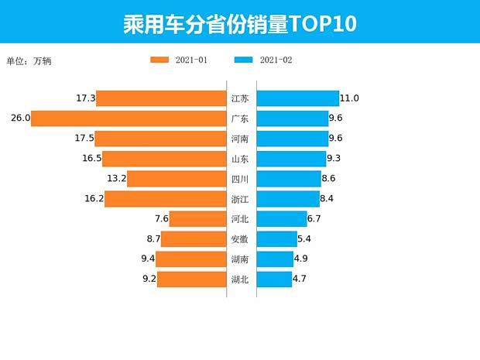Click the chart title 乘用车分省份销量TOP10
point(240,23)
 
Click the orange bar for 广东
point(129,118)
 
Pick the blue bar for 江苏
point(297,98)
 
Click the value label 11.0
point(349,98)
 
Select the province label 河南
point(240,139)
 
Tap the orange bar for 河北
point(197,219)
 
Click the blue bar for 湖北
point(274,279)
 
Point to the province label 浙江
point(240,199)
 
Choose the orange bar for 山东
point(164,159)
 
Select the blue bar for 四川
point(288,179)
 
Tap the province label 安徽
point(240,239)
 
